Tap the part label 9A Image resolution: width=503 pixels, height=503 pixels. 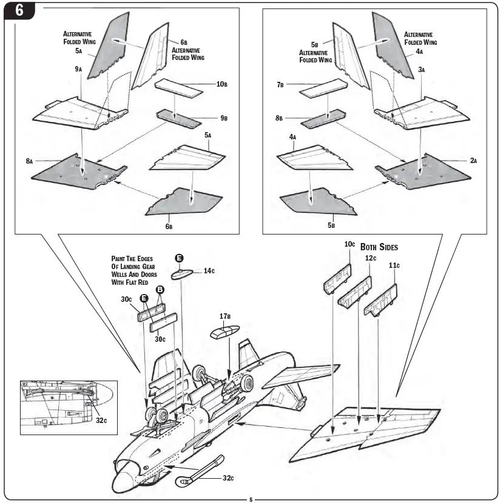[78, 70]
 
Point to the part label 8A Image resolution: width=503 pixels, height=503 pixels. [29, 161]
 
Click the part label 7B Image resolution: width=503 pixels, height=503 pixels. [280, 85]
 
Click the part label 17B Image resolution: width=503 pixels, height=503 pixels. [226, 316]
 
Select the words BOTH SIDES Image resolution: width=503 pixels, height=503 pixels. [379, 247]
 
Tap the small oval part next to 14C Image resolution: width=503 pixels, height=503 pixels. [183, 273]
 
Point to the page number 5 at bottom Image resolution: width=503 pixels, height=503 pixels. [251, 499]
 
